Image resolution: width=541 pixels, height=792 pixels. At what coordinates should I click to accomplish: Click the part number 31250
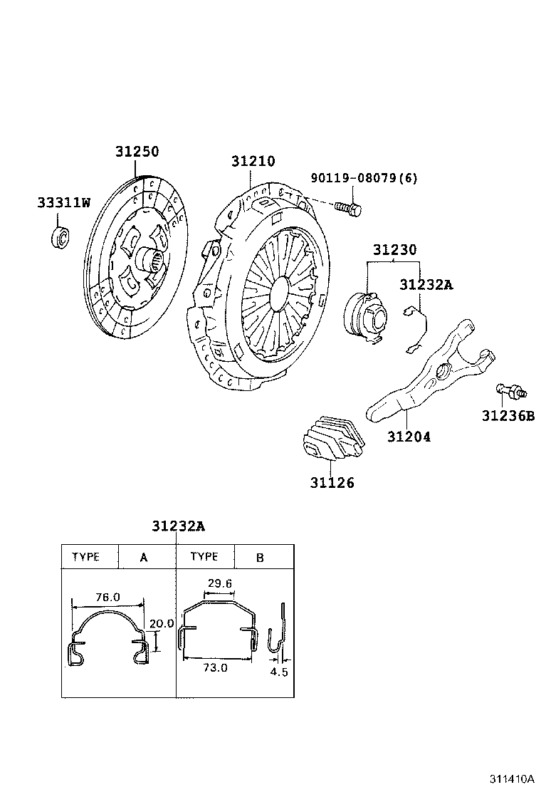coord(137,152)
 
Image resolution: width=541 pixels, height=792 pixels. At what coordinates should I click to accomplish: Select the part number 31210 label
coord(252,162)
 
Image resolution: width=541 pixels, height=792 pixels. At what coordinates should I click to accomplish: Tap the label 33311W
coord(64,203)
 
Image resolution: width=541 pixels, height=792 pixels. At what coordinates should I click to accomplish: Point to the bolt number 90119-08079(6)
coord(363,178)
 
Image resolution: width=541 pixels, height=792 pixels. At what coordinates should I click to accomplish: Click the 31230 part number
coord(395,250)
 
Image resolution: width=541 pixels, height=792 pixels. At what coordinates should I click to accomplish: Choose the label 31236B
coord(507,416)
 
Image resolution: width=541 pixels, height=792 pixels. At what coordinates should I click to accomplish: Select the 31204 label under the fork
coord(409,437)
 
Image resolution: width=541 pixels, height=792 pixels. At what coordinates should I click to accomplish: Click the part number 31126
coord(332,483)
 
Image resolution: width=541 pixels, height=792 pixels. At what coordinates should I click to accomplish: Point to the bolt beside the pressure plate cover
coord(348,207)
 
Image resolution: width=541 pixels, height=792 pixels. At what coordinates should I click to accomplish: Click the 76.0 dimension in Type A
coord(107,598)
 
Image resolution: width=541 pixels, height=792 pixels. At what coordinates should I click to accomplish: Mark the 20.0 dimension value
coord(162,622)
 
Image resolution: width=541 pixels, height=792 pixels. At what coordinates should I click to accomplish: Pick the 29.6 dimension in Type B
coord(220,583)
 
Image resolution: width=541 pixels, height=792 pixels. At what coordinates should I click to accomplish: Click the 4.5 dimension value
coord(279,671)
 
